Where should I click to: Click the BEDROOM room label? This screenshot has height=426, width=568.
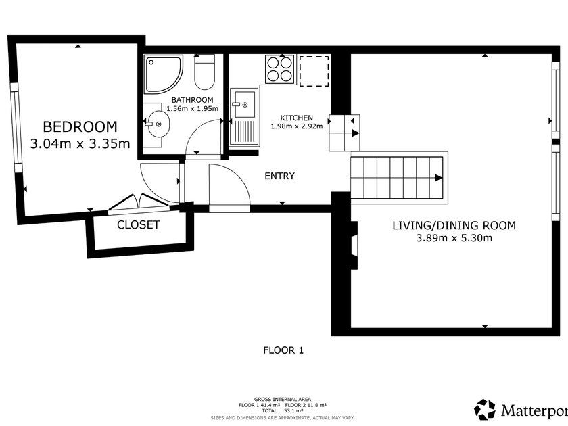[80, 127]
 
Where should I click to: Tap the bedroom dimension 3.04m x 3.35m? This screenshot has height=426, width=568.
[80, 144]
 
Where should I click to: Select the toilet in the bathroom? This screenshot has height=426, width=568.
[205, 72]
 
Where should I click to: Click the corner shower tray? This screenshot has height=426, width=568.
[164, 74]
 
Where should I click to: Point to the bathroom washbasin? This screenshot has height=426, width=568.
[157, 124]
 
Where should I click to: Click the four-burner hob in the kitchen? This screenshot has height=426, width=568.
[279, 69]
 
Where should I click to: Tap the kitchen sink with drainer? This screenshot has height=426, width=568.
[244, 117]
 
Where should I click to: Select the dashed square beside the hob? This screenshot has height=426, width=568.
[314, 71]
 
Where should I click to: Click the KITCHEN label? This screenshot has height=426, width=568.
[297, 118]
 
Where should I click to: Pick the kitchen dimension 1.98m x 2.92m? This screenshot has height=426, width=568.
[297, 126]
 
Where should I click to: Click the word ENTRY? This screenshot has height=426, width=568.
[280, 176]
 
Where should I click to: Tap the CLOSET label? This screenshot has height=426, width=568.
[139, 224]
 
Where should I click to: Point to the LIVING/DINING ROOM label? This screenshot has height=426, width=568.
[454, 225]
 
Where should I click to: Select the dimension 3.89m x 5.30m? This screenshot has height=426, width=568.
[454, 238]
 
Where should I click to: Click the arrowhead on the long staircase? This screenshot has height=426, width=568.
[438, 178]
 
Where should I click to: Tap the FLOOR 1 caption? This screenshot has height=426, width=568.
[283, 350]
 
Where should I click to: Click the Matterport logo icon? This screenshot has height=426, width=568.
[485, 410]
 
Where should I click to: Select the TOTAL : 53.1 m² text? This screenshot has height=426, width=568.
[283, 411]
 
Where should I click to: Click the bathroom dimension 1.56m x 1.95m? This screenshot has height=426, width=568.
[192, 108]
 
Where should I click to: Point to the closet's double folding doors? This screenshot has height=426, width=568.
[139, 202]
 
